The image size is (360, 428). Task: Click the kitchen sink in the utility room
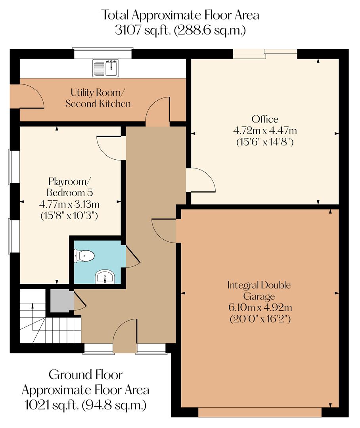[105, 68]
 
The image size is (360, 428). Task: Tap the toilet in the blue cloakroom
[85, 256]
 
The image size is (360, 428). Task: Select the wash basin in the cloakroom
[105, 277]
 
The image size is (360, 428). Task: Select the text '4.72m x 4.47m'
[265, 130]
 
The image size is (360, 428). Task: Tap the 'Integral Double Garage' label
[259, 290]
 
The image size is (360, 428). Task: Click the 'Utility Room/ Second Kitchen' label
[98, 98]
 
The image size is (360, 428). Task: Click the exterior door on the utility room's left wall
[28, 96]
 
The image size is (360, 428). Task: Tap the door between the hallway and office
[200, 180]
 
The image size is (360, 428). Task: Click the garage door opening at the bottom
[259, 413]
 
